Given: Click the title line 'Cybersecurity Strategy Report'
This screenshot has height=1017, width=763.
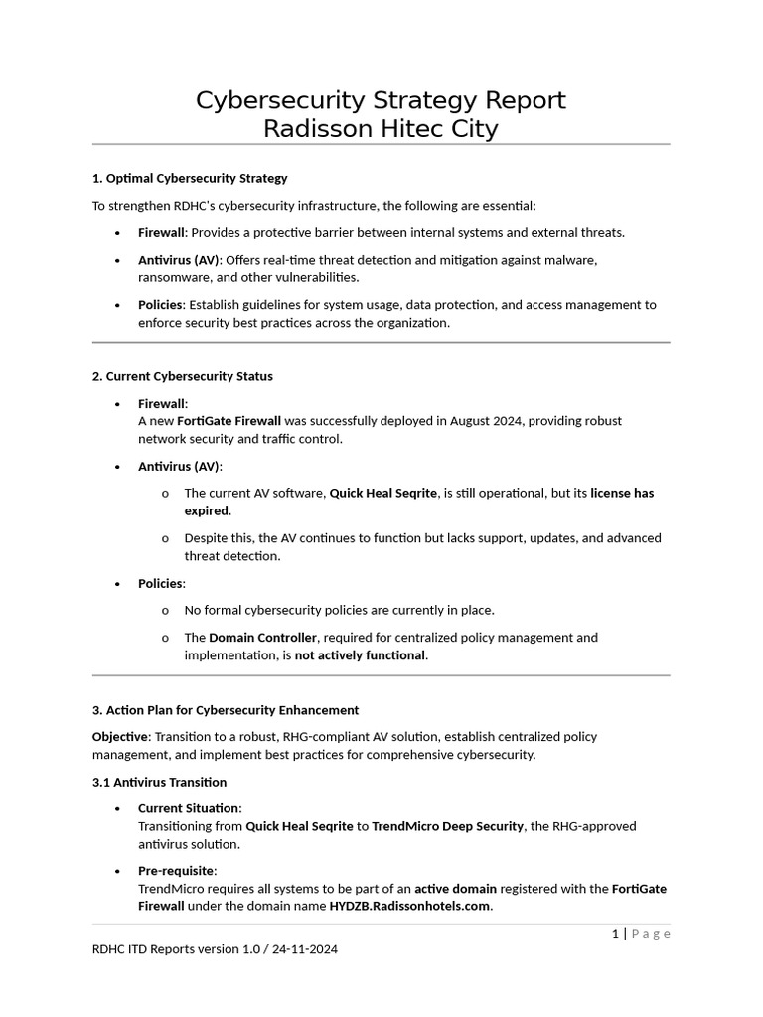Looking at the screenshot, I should pyautogui.click(x=381, y=100).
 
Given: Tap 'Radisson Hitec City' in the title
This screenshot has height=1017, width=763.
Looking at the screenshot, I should pyautogui.click(x=381, y=129).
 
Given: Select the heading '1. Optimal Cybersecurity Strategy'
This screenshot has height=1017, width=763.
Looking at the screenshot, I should pyautogui.click(x=190, y=178).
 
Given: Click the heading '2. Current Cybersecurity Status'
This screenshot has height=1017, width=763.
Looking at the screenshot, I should pyautogui.click(x=182, y=376).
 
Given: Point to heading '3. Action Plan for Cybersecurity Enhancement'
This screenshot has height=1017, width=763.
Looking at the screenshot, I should pyautogui.click(x=226, y=710).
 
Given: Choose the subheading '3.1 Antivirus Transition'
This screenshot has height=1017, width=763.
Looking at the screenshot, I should pyautogui.click(x=159, y=782).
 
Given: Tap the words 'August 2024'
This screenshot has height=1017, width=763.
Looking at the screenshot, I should pyautogui.click(x=487, y=421).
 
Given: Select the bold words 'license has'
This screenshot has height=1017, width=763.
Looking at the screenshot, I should pyautogui.click(x=622, y=493).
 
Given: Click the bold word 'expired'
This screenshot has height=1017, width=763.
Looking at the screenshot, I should pyautogui.click(x=206, y=510).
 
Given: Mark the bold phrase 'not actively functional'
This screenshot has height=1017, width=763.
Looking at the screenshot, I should pyautogui.click(x=360, y=655).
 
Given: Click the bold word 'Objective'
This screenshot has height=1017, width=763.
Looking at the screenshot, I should pyautogui.click(x=119, y=737).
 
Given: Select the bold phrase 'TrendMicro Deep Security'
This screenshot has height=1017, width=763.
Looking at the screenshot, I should pyautogui.click(x=447, y=826).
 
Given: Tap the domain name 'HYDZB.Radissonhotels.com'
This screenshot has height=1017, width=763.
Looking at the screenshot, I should pyautogui.click(x=409, y=907).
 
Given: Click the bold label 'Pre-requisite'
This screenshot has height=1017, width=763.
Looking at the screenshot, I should pyautogui.click(x=176, y=871).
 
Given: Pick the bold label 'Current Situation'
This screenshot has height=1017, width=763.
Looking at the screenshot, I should pyautogui.click(x=189, y=808).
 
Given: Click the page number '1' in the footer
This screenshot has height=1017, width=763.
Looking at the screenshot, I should pyautogui.click(x=616, y=933).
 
